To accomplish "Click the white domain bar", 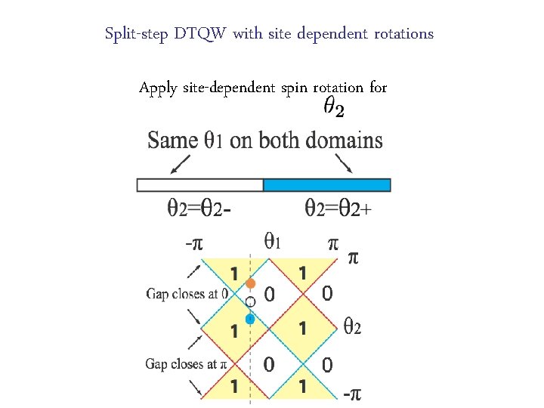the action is click(x=199, y=184).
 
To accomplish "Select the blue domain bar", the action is click(x=326, y=184).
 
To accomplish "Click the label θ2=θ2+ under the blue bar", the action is click(x=338, y=207).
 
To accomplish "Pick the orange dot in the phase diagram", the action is click(x=252, y=284).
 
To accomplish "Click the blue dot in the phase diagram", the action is click(x=250, y=319).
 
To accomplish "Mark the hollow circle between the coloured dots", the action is click(x=251, y=301).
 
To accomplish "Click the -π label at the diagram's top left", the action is click(x=195, y=243).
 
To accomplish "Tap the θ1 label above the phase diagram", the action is click(x=274, y=242).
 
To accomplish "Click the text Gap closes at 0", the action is click(x=187, y=294).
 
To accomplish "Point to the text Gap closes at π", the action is click(x=186, y=364).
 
